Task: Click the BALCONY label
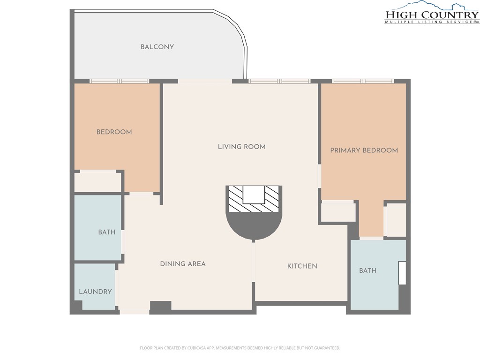point(157,47)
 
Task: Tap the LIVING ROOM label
point(241,147)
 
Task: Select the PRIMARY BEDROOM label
point(364,150)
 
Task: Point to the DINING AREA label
point(183,264)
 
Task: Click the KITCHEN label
point(302,266)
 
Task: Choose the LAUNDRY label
point(95,292)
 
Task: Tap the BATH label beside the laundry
point(107,232)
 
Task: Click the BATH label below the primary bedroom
point(367,270)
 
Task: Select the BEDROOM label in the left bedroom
point(114,132)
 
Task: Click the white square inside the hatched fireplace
point(254,195)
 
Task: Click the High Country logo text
point(432,15)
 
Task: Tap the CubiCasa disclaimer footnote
point(240,348)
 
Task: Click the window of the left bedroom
point(120,81)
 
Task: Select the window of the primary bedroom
point(363,81)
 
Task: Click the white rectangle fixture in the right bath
point(402,273)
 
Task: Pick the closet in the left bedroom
point(97,183)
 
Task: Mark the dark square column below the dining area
point(160,307)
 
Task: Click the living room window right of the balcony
point(279,81)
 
